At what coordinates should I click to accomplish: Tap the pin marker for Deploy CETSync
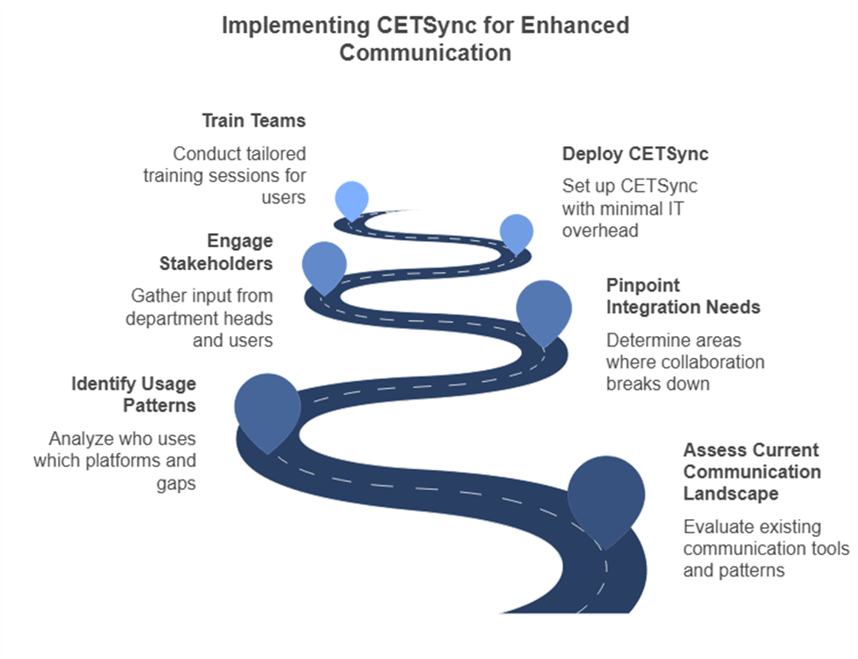click(x=517, y=233)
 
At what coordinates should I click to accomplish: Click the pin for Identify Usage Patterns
click(x=268, y=411)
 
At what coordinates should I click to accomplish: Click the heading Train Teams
click(x=254, y=121)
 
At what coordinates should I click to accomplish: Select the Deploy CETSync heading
click(x=635, y=154)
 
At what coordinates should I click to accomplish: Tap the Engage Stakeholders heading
click(x=216, y=253)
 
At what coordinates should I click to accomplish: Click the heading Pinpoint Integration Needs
click(x=683, y=297)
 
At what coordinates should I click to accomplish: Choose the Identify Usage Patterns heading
click(x=134, y=395)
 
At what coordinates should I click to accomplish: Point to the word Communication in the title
click(x=425, y=53)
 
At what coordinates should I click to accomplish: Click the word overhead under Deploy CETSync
click(x=600, y=231)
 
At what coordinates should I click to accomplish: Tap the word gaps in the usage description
click(x=176, y=484)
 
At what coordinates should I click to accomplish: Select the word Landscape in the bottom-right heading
click(x=730, y=494)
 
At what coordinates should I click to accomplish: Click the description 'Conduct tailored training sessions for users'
click(x=224, y=176)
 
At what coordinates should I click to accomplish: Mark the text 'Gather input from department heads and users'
click(x=199, y=319)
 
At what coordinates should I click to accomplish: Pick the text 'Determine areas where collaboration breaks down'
click(x=686, y=362)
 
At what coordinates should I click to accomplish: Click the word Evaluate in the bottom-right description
click(x=718, y=527)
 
